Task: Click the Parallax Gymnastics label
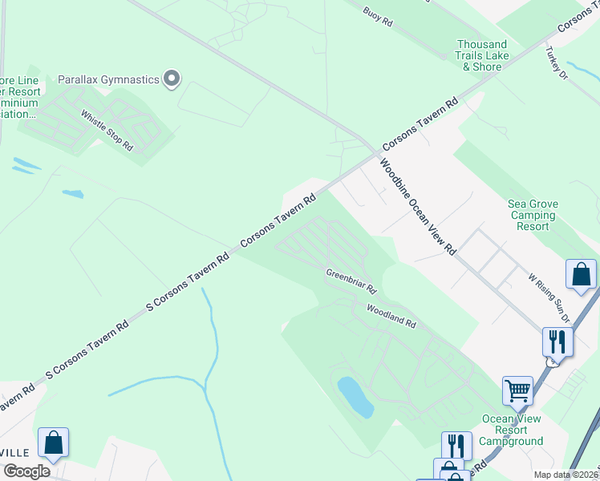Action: tap(108, 79)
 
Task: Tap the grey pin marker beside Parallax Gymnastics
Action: tap(171, 79)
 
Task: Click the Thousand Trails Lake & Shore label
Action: tap(482, 55)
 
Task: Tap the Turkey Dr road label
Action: tap(556, 63)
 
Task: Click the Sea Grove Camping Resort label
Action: tap(533, 216)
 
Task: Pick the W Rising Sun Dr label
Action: tap(549, 297)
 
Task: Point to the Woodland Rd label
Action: tap(391, 317)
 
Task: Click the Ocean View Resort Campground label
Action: tap(511, 430)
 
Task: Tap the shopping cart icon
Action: tap(517, 390)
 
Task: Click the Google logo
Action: tap(26, 471)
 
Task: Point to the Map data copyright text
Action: tap(566, 475)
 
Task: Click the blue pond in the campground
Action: tap(355, 398)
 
